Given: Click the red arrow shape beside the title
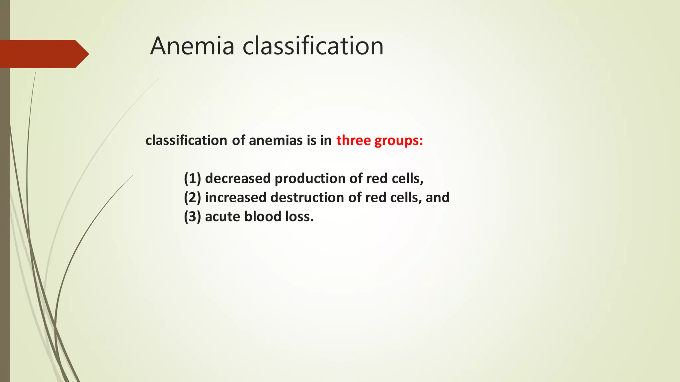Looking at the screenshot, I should (x=43, y=54).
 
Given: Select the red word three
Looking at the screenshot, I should (x=353, y=140).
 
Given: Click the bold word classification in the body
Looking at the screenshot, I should (x=186, y=140).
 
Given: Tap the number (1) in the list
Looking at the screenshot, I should (x=193, y=178).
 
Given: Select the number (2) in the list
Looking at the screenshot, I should (x=193, y=198).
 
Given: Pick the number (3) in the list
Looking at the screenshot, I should (x=193, y=217).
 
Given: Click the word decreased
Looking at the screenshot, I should (x=238, y=178).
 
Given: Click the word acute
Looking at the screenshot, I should (x=222, y=217).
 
